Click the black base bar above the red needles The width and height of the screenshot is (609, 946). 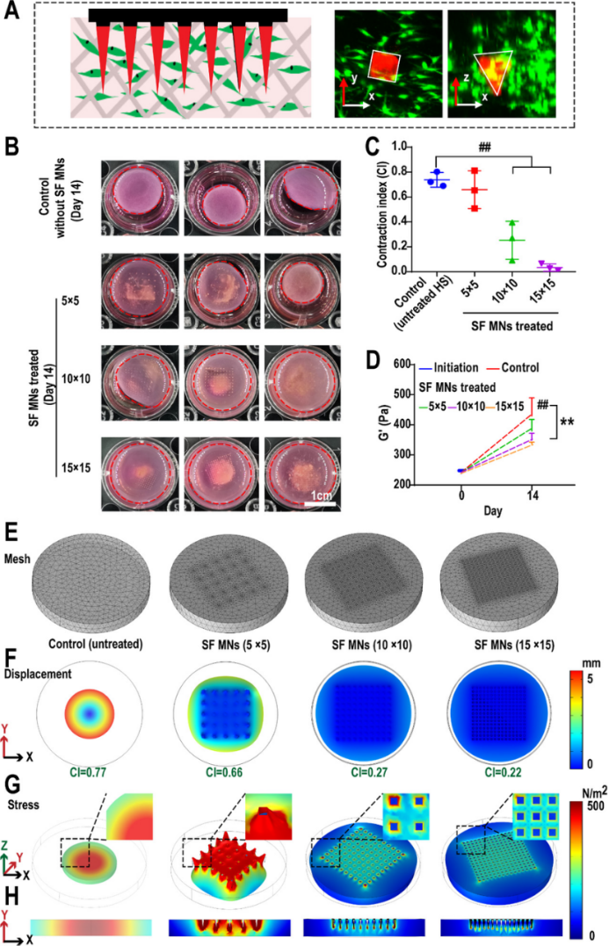click(188, 17)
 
